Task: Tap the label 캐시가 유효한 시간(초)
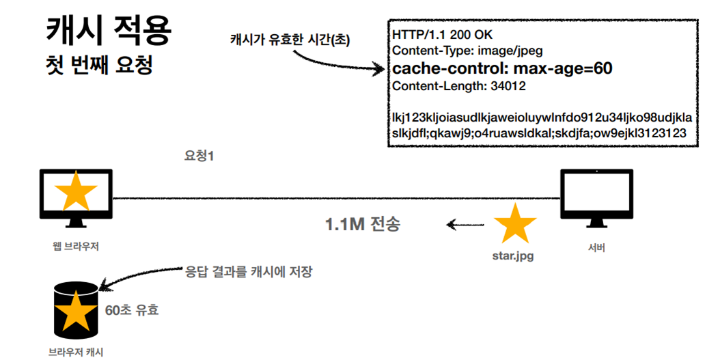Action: pos(290,40)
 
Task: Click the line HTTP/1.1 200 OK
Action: pos(442,34)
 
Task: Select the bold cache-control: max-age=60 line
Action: pos(502,68)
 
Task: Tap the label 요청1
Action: pos(200,156)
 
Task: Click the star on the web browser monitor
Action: pos(76,193)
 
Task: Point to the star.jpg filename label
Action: pos(513,257)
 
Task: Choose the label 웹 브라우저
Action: pos(76,246)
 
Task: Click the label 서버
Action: pos(596,248)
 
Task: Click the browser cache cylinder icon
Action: pos(76,311)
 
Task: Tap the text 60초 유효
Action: pos(132,309)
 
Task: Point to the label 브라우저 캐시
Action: pos(75,352)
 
